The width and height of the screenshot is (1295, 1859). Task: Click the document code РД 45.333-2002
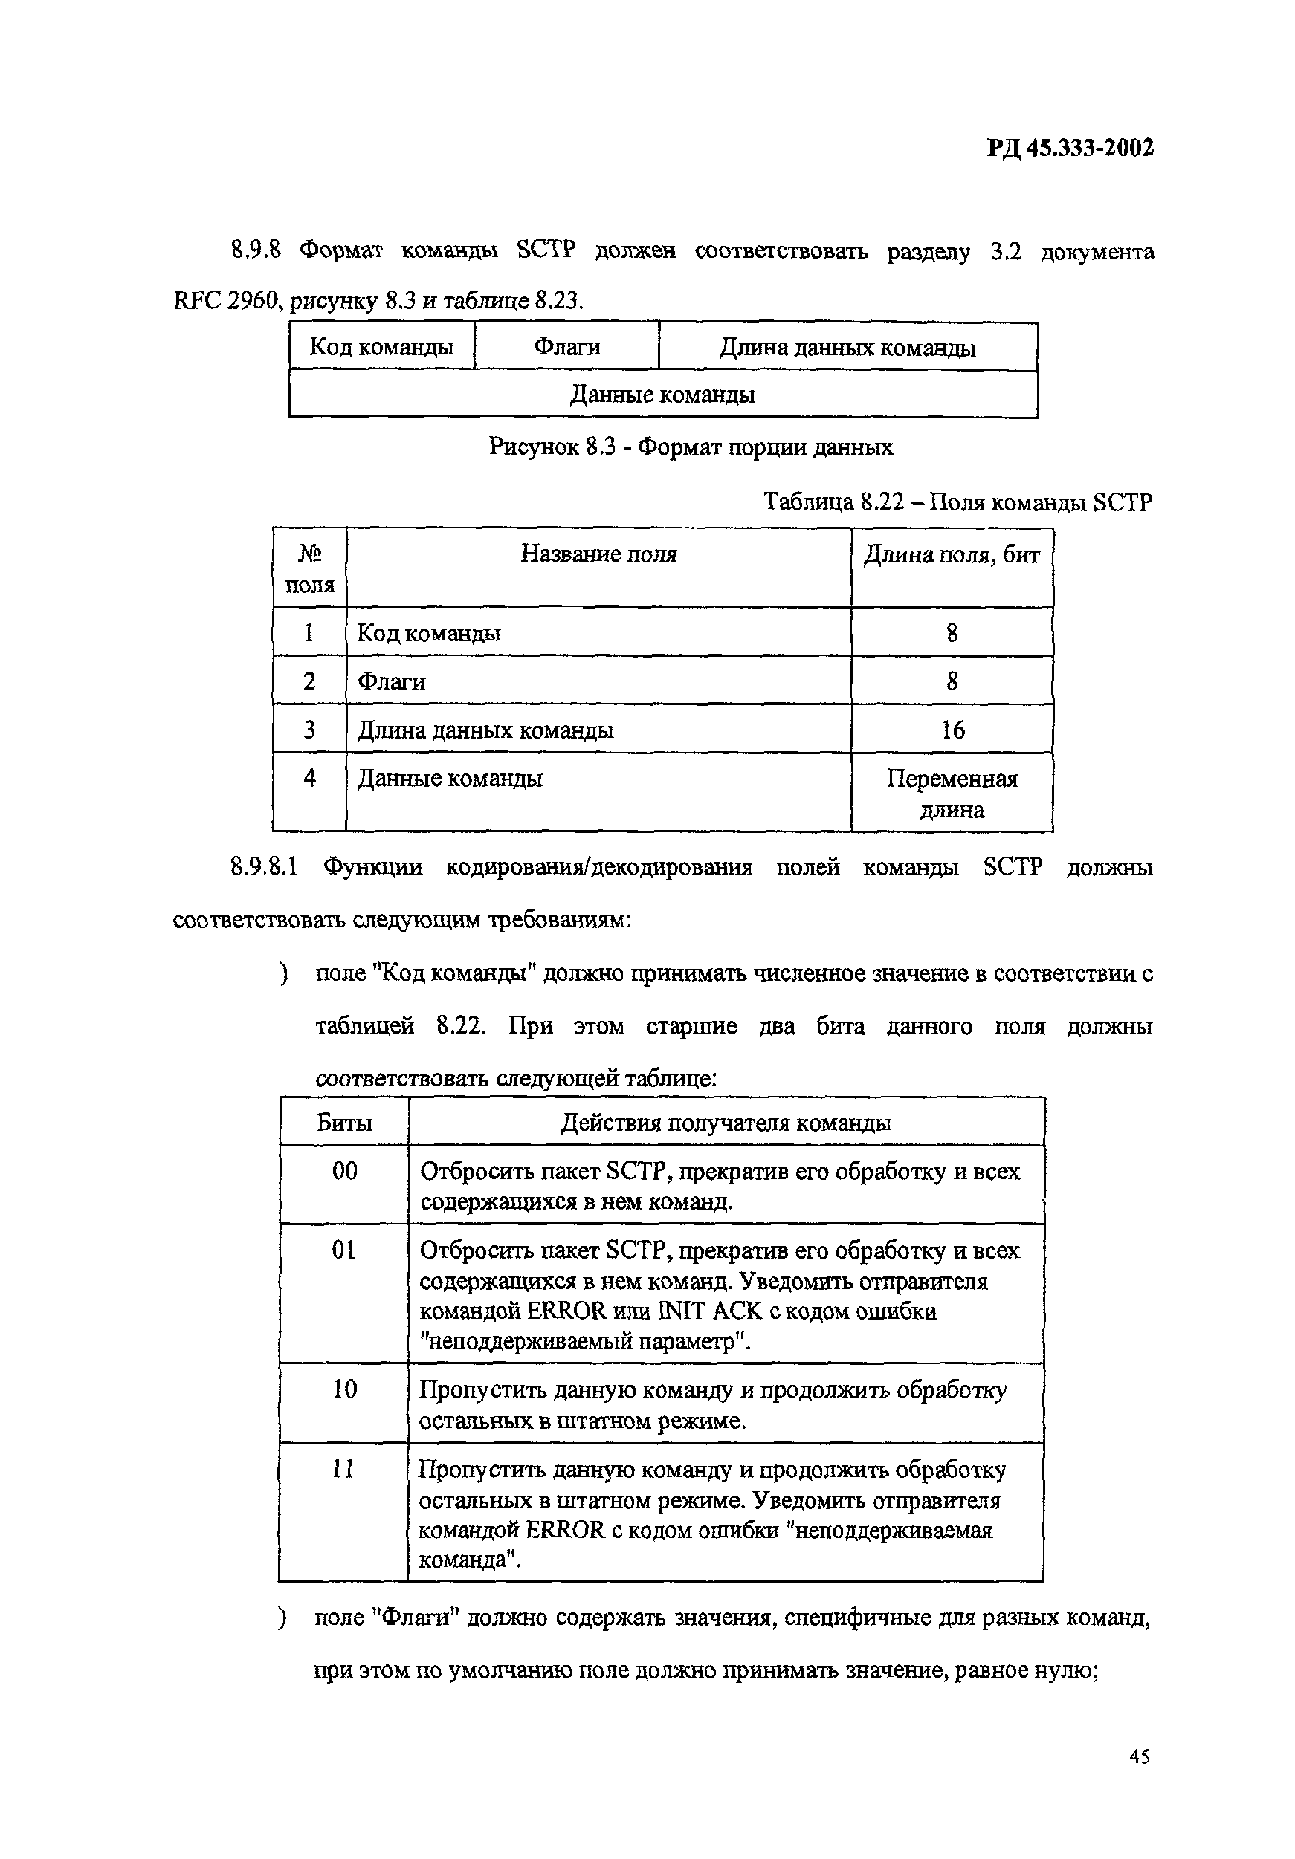[1070, 148]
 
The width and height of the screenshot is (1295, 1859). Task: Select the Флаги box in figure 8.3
[566, 347]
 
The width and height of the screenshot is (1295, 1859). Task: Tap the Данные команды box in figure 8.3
[662, 395]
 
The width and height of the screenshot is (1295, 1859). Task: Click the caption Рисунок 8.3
[690, 447]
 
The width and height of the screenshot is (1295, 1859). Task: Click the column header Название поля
[598, 554]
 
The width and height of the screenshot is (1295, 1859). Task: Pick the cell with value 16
[952, 730]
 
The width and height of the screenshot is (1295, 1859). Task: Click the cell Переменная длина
[952, 794]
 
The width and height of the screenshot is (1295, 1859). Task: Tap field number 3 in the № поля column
[309, 730]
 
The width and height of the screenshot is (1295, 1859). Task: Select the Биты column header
[344, 1123]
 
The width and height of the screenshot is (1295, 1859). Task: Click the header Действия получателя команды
[726, 1123]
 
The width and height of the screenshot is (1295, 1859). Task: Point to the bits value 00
[344, 1171]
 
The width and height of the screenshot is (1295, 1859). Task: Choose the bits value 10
[344, 1389]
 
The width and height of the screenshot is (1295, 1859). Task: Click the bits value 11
[344, 1469]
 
